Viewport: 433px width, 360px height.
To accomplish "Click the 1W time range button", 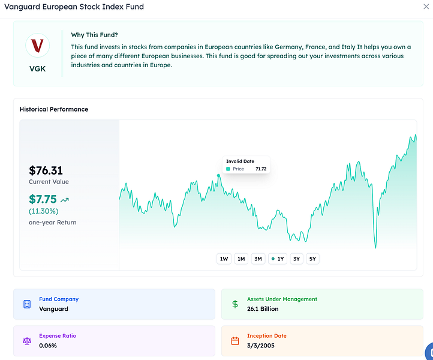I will [224, 259].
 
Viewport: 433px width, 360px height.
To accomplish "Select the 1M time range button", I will [241, 259].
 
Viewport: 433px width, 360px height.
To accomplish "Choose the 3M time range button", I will [258, 259].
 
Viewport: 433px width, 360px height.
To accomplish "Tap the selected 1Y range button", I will [278, 259].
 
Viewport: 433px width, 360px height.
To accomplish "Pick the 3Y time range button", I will [296, 259].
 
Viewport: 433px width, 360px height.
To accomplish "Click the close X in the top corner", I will [426, 7].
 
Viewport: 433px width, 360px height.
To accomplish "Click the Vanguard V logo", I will [37, 46].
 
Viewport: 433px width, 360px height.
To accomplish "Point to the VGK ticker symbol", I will [37, 68].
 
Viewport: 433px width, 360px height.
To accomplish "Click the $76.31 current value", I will [46, 170].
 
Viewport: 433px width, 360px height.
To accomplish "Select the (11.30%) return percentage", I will [43, 211].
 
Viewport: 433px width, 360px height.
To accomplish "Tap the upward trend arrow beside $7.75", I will [65, 200].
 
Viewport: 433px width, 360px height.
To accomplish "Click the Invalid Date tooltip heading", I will [240, 161].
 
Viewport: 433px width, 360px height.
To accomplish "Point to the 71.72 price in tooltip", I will [261, 169].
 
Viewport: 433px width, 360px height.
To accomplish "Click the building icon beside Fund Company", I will [27, 304].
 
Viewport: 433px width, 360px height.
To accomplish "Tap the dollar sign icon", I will [235, 304].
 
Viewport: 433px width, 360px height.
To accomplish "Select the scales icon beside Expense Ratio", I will [27, 341].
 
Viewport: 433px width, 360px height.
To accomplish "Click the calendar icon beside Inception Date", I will [235, 341].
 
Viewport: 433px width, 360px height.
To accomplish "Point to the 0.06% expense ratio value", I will [49, 346].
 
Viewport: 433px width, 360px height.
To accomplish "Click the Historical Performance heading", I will [54, 109].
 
